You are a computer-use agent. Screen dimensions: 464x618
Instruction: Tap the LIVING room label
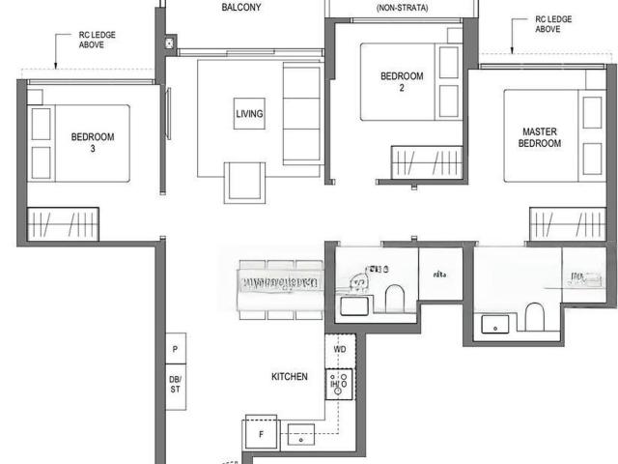248,114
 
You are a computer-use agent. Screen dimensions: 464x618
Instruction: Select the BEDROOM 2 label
401,82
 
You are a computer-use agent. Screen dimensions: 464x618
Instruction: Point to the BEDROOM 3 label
92,143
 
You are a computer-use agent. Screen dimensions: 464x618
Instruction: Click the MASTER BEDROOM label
541,136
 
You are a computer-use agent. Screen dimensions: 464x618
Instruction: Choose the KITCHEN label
290,376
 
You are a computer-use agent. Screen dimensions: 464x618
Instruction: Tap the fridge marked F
260,433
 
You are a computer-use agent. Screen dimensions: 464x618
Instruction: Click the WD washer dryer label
340,349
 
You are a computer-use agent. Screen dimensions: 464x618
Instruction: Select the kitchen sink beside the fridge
300,436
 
